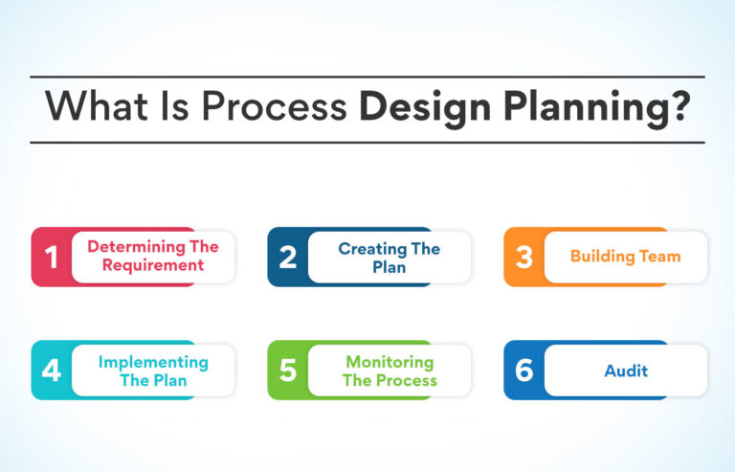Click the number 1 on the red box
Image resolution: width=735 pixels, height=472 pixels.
[x=52, y=257]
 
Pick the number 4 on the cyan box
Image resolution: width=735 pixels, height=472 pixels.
[x=52, y=371]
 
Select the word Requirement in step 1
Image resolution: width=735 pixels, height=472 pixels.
[x=153, y=265]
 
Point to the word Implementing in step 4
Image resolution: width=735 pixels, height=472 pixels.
[x=153, y=362]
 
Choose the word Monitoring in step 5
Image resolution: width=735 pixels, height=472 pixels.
[x=390, y=362]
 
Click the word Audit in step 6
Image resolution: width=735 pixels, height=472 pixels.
[x=626, y=371]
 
